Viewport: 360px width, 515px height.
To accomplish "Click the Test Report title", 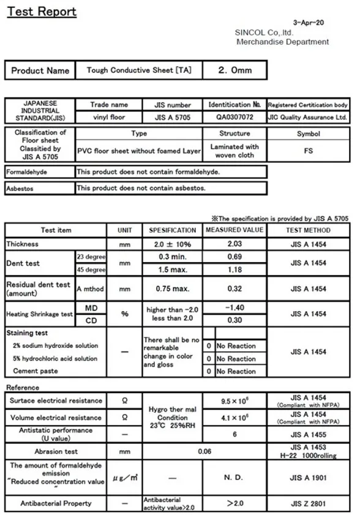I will tap(42, 12).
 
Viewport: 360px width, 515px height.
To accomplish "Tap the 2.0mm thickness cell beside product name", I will tap(234, 70).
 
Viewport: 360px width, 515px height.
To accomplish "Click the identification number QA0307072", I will tap(234, 116).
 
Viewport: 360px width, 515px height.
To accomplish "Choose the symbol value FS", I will tap(309, 150).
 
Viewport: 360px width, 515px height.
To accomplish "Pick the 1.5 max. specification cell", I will tap(173, 269).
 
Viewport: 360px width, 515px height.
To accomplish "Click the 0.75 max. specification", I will tap(173, 289).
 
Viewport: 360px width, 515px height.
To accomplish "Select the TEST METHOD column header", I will tap(309, 230).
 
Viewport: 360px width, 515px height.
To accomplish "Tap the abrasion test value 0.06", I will tap(205, 451).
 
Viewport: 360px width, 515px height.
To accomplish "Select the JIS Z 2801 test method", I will tap(309, 503).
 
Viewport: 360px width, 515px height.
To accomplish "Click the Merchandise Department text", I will tap(282, 42).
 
